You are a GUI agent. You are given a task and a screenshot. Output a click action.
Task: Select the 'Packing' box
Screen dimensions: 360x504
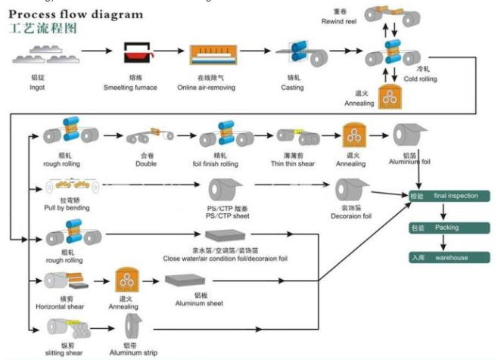click(446, 226)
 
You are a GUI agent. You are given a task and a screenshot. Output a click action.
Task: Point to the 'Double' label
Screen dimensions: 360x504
click(146, 163)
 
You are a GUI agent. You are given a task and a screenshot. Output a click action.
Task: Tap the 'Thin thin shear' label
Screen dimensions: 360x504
click(294, 163)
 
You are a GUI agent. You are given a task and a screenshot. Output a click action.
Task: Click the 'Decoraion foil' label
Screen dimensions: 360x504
click(352, 216)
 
